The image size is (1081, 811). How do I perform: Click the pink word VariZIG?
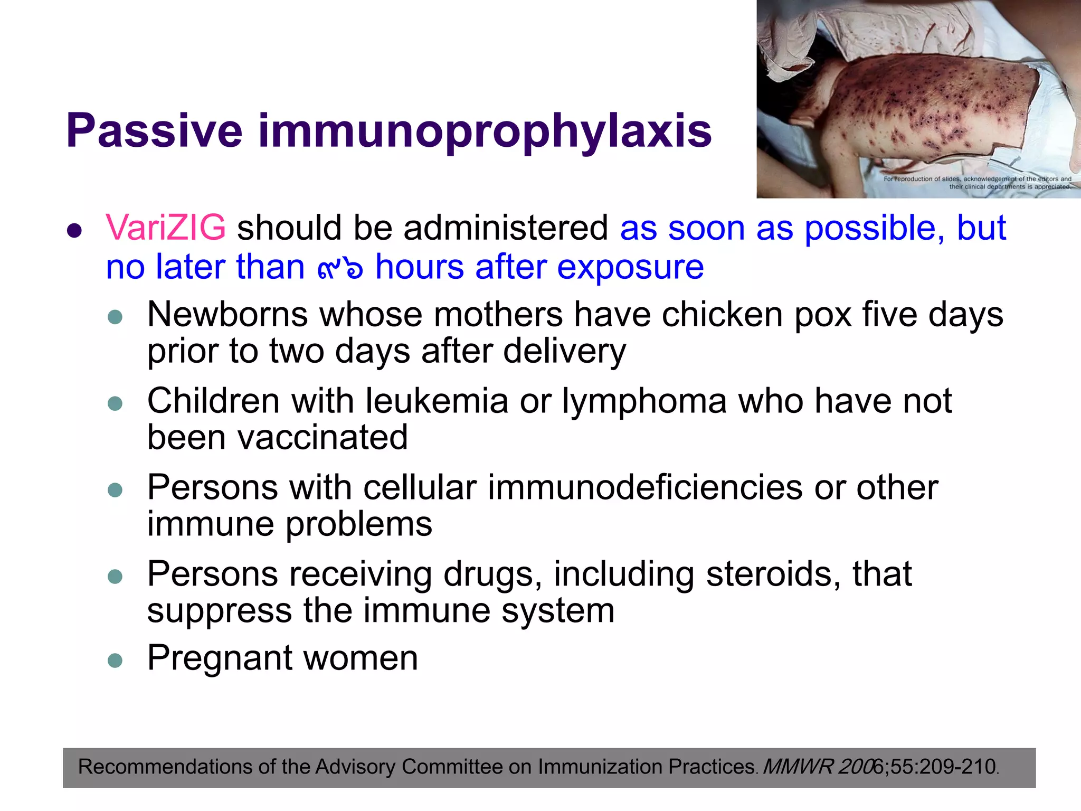[x=166, y=228]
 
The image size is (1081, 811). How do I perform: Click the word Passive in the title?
[x=154, y=131]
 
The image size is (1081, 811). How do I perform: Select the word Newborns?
[x=227, y=315]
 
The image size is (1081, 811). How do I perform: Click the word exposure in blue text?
[x=630, y=267]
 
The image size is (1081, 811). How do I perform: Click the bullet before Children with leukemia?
[x=115, y=404]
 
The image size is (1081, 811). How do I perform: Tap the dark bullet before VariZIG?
[x=75, y=231]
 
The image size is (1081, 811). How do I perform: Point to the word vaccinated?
[x=277, y=438]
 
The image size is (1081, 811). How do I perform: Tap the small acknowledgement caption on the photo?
[x=977, y=183]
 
